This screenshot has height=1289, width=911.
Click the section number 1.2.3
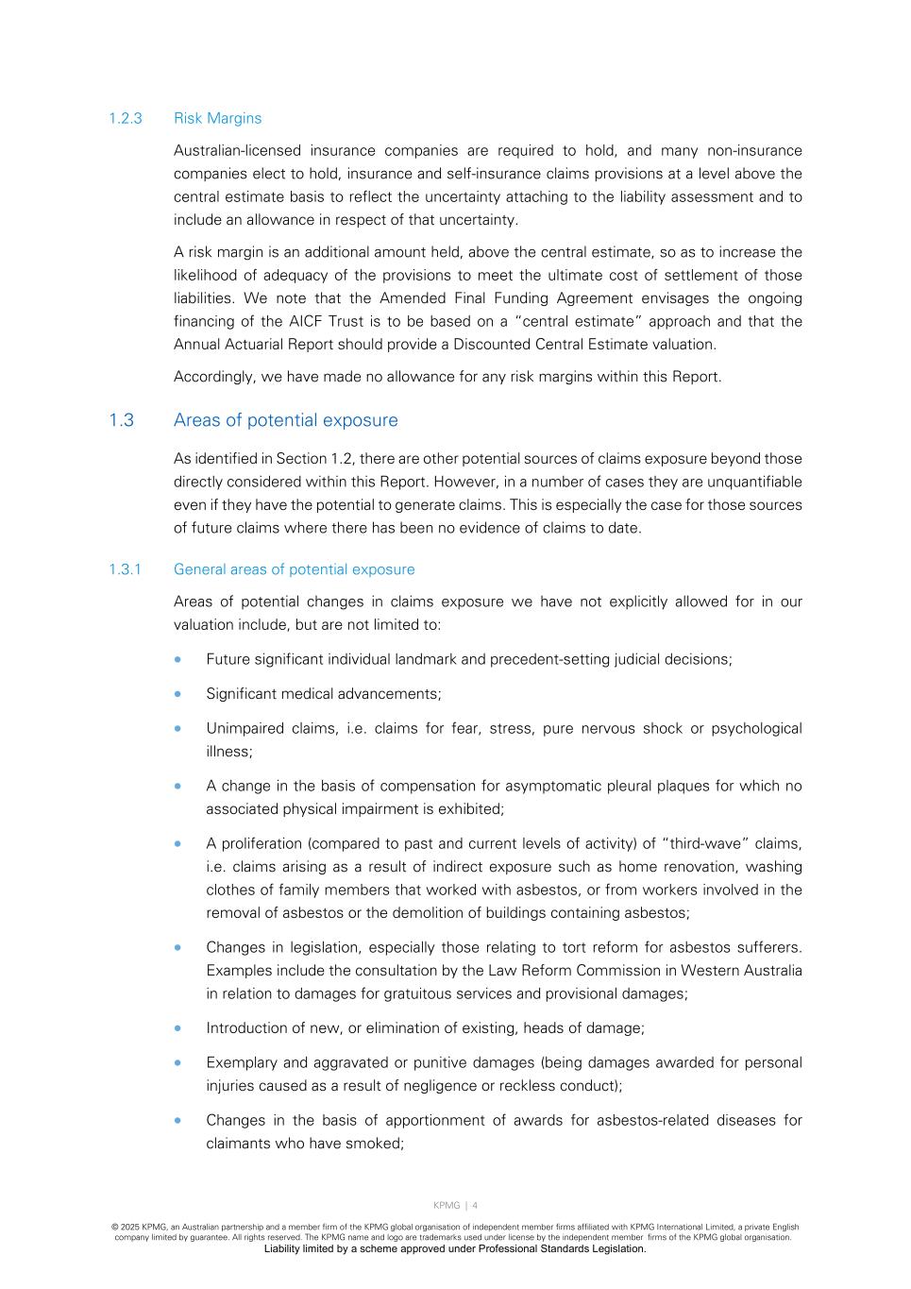[125, 118]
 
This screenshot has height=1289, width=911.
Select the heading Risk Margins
[217, 118]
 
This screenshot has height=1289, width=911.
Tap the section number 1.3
[121, 420]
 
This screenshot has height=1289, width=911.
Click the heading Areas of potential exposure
[285, 420]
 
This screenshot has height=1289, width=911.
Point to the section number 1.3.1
[125, 569]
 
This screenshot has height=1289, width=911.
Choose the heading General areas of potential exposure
[294, 569]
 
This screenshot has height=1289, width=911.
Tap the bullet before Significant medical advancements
[177, 694]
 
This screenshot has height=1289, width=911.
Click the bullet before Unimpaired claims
[177, 728]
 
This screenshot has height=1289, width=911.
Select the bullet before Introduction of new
[177, 1028]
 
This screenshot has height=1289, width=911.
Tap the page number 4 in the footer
[475, 1205]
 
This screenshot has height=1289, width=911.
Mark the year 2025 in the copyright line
[130, 1228]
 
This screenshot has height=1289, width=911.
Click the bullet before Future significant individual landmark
[177, 659]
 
